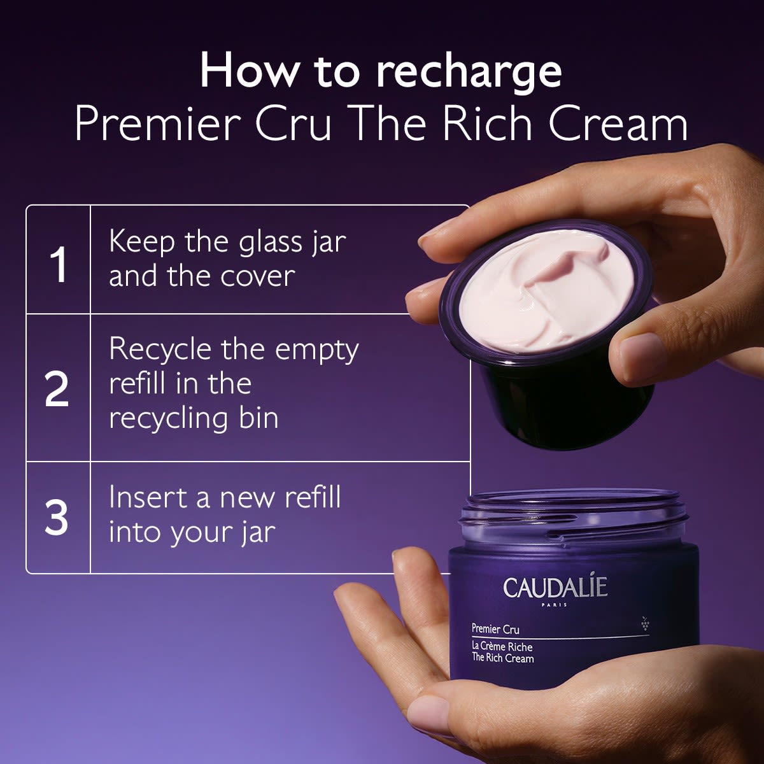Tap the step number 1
[x=58, y=264]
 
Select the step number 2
[x=57, y=389]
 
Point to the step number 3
[x=57, y=517]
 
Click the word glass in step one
[x=267, y=243]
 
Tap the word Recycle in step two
[x=159, y=350]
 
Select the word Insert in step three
[x=148, y=497]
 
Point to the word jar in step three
[x=258, y=532]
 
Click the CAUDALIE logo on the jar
[x=555, y=587]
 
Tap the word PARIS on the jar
[x=554, y=605]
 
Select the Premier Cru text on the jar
[x=495, y=629]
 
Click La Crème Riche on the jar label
[x=502, y=646]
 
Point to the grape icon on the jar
[x=645, y=623]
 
